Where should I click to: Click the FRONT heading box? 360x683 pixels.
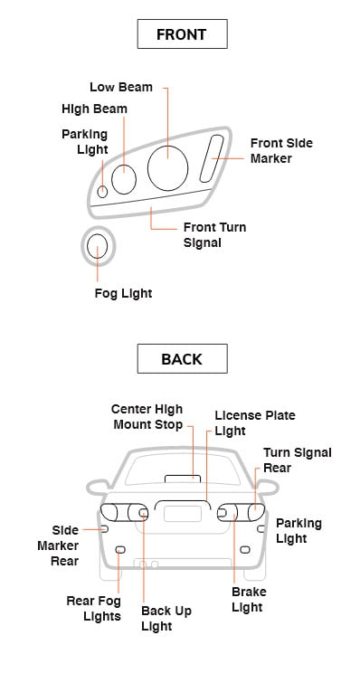[x=182, y=34]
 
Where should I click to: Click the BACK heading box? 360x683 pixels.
[x=182, y=358]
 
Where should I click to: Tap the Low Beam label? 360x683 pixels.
[x=121, y=87]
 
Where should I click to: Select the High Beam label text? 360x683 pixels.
[x=94, y=109]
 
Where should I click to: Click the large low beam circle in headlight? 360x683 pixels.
[x=167, y=167]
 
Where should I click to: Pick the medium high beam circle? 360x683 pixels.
[x=124, y=179]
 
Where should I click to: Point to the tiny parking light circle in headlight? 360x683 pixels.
[x=102, y=191]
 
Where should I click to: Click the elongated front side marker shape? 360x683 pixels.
[x=212, y=158]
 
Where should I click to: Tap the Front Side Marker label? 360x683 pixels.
[x=281, y=151]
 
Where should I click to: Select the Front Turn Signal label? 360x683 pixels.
[x=214, y=235]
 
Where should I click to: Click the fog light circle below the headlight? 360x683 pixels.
[x=97, y=246]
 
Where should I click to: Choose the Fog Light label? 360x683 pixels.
[x=123, y=294]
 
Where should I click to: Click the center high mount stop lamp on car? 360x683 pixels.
[x=183, y=479]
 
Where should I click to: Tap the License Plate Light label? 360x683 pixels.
[x=255, y=423]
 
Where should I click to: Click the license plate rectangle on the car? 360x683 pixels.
[x=183, y=514]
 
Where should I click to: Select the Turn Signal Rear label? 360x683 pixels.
[x=298, y=460]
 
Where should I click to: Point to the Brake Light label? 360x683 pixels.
[x=249, y=600]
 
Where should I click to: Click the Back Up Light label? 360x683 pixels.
[x=166, y=619]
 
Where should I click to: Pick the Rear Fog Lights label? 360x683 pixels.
[x=93, y=609]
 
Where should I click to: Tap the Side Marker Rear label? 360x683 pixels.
[x=58, y=545]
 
